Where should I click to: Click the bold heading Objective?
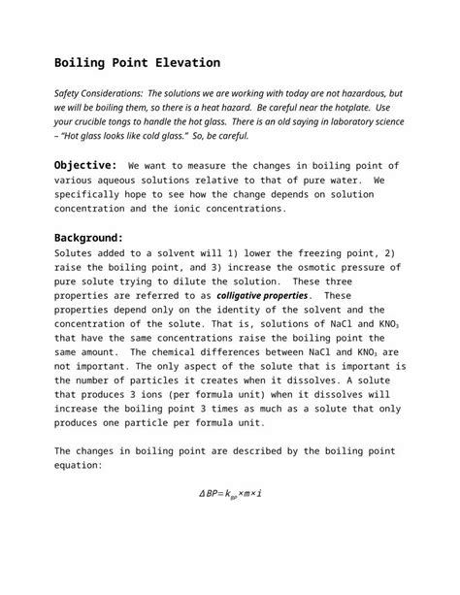click(85, 166)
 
